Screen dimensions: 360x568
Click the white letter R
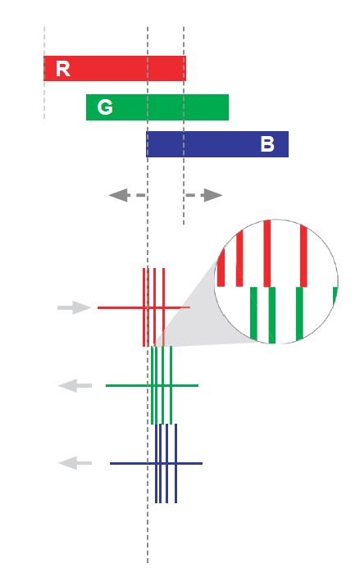[62, 69]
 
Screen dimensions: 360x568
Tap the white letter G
[105, 107]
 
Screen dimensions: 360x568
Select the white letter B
[267, 144]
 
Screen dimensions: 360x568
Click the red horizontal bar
[115, 68]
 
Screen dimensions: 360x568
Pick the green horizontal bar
[157, 107]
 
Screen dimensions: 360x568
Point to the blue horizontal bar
[217, 144]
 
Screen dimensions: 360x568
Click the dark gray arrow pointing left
[126, 195]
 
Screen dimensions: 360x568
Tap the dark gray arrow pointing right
[204, 195]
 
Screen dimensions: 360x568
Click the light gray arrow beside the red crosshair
[75, 307]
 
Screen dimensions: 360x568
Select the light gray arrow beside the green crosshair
[75, 385]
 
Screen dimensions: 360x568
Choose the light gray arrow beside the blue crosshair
[75, 463]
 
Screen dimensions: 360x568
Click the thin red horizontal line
[144, 307]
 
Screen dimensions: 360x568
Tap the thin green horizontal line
[152, 385]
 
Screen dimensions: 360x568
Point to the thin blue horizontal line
[156, 463]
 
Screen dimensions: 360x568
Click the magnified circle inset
[276, 281]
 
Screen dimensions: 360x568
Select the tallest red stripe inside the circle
[267, 253]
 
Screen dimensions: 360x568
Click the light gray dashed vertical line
[44, 72]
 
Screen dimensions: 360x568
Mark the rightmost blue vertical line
[175, 463]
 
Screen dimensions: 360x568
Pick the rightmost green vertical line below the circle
[171, 385]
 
